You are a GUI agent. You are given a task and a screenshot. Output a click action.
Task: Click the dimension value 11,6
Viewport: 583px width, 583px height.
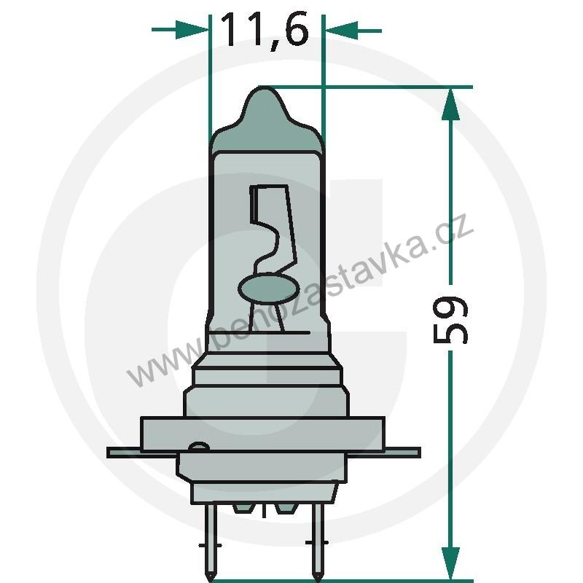(264, 31)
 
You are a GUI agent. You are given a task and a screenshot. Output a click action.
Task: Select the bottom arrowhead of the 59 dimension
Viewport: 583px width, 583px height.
(451, 564)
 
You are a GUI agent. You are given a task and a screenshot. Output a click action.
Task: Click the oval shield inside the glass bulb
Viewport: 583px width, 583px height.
(267, 289)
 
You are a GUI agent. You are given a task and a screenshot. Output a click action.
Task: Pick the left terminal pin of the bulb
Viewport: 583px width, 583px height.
(210, 539)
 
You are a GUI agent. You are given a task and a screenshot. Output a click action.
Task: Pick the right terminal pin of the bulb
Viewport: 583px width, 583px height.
(317, 539)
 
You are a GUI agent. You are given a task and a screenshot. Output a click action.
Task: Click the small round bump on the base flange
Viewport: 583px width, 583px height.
(197, 448)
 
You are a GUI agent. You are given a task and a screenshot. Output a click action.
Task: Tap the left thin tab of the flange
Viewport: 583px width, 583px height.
(124, 453)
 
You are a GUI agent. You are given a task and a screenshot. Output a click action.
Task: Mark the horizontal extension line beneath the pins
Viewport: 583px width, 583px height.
(364, 580)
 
